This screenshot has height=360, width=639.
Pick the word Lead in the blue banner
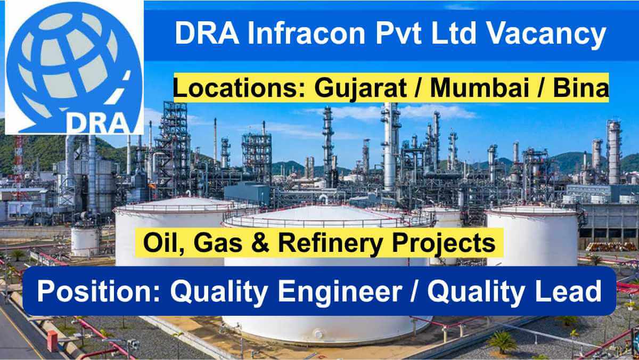click(572, 292)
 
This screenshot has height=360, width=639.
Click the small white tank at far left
click(85, 241)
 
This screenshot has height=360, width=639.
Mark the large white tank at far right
click(532, 234)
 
